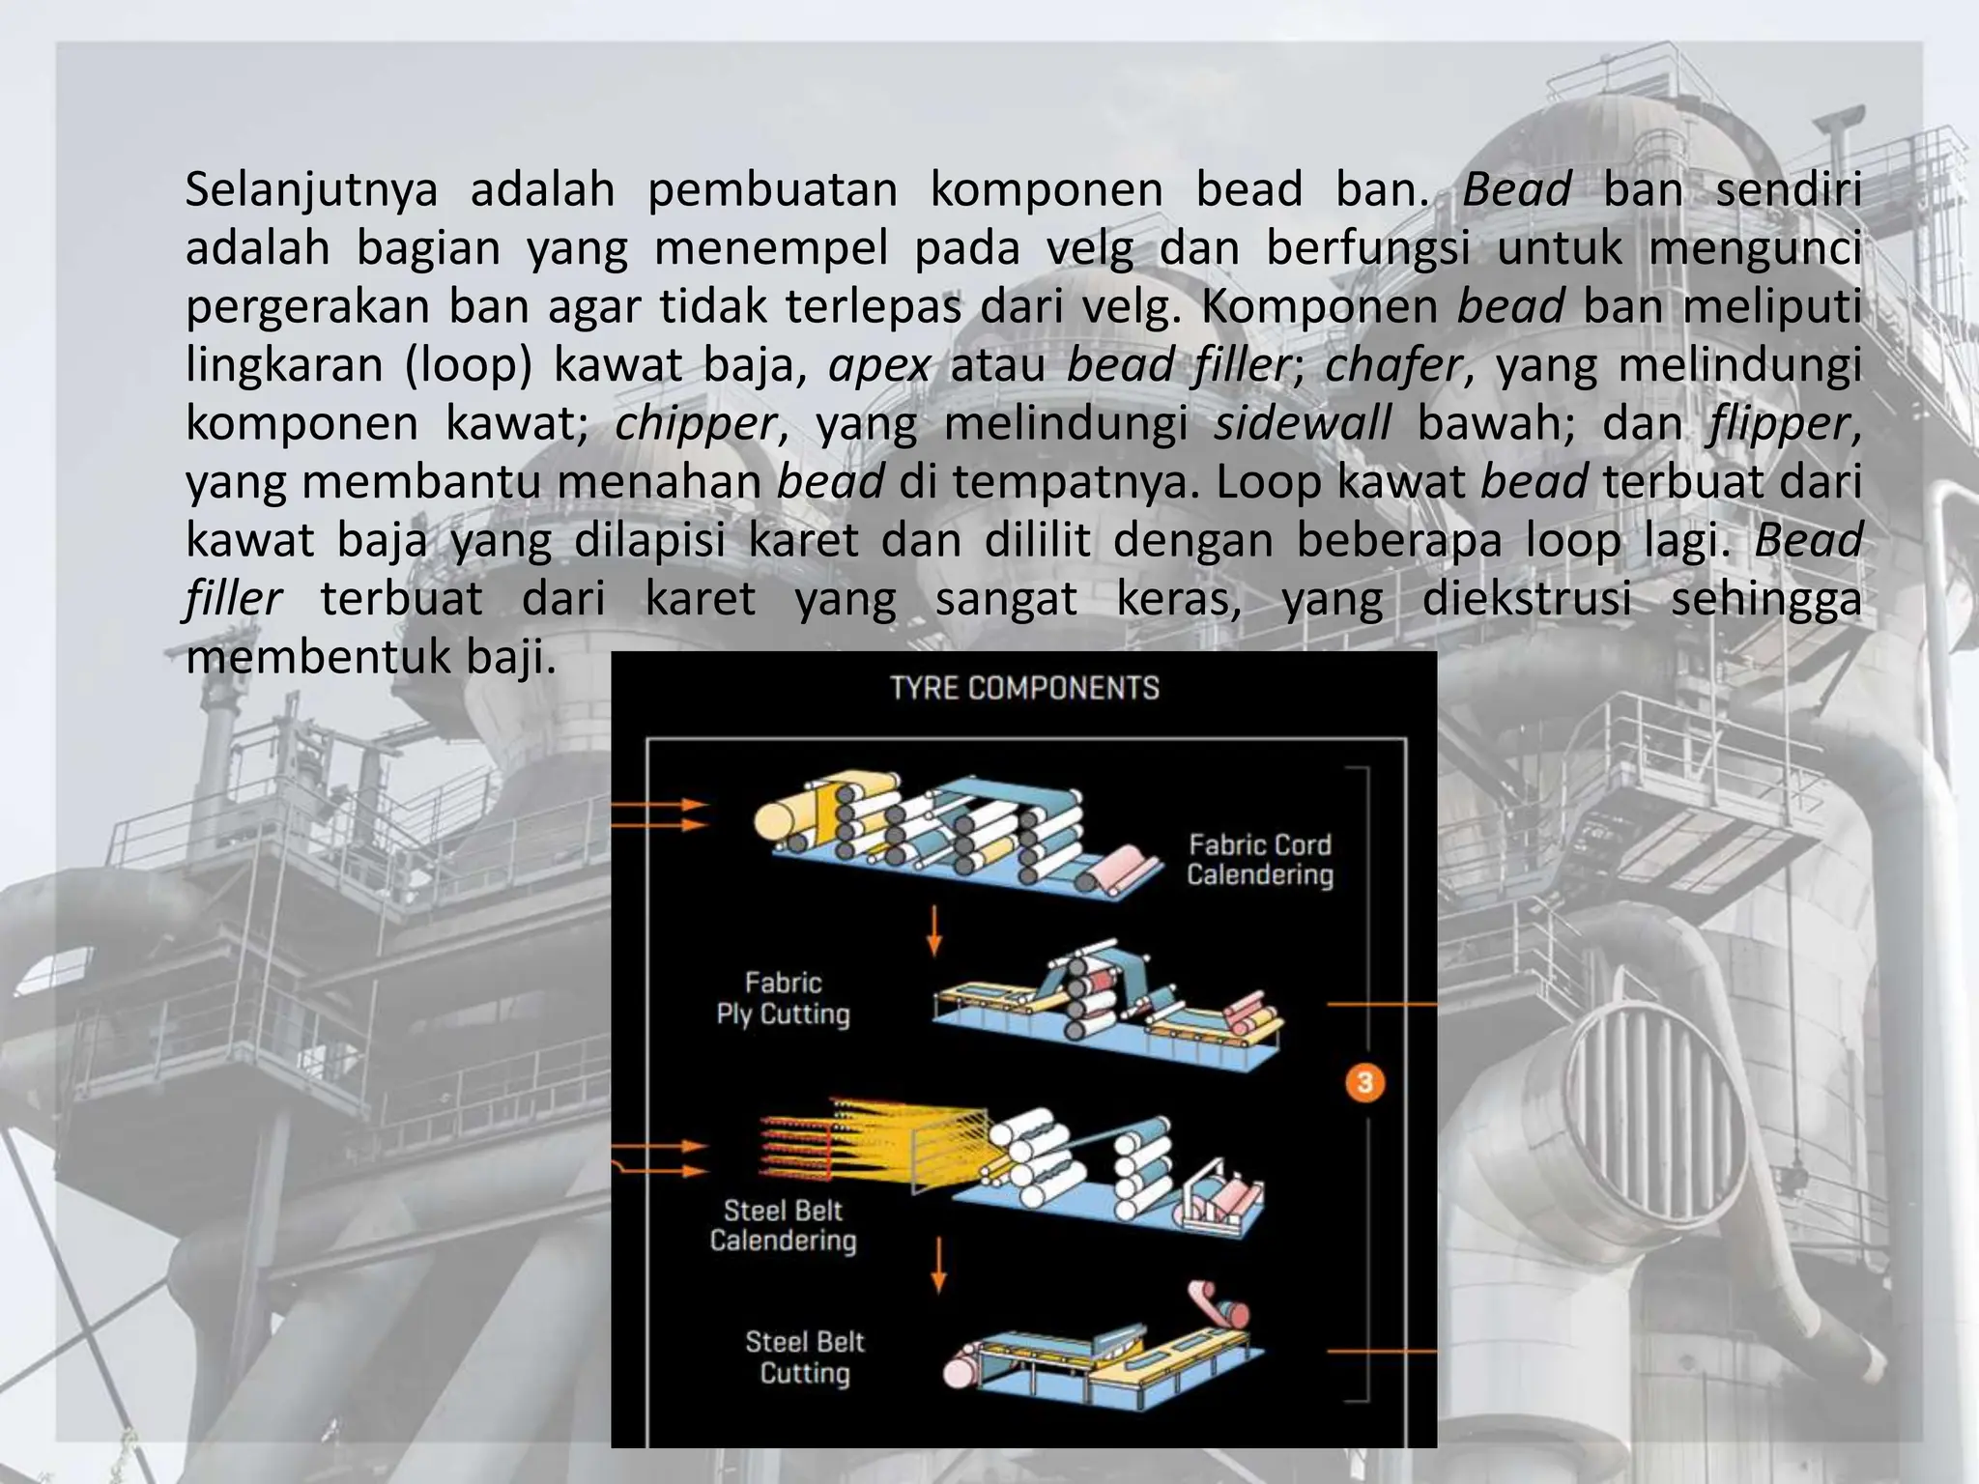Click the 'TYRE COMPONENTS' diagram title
(x=1024, y=688)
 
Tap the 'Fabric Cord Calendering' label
(x=1260, y=860)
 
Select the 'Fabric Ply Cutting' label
(x=783, y=998)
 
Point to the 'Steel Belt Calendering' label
(x=783, y=1225)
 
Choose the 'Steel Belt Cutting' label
(x=804, y=1356)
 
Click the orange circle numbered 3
(x=1364, y=1082)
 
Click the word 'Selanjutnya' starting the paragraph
(x=311, y=189)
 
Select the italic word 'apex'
(x=879, y=365)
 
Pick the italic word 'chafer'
(x=1392, y=365)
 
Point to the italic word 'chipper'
(x=695, y=424)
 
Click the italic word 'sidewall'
(x=1303, y=424)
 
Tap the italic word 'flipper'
(x=1779, y=424)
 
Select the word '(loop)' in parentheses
(x=468, y=365)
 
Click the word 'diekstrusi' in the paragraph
(x=1527, y=599)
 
